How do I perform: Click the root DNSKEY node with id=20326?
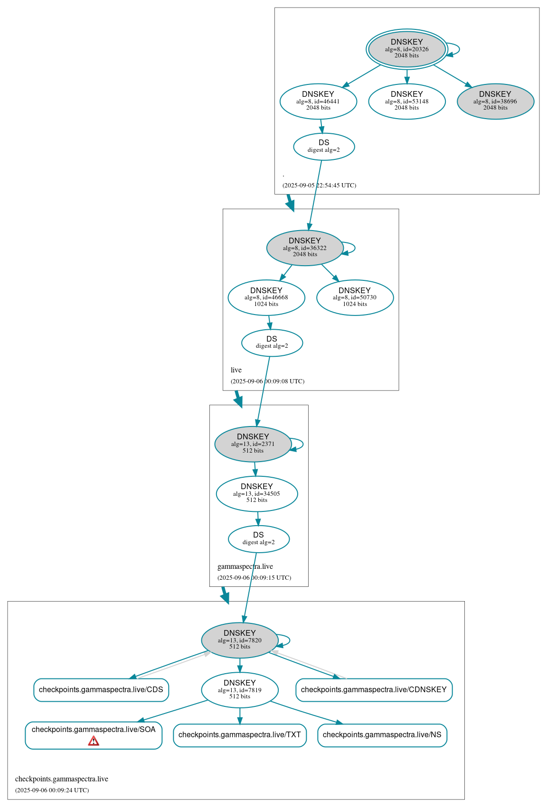click(406, 49)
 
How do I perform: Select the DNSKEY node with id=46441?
click(318, 101)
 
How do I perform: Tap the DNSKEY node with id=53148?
click(406, 101)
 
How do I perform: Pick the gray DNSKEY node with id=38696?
click(495, 101)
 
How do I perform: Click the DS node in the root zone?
click(324, 146)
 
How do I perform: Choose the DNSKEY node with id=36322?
click(305, 248)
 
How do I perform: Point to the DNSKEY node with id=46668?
click(266, 297)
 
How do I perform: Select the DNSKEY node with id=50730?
click(355, 297)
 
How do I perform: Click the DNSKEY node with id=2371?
click(253, 444)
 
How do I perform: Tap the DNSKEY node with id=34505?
click(257, 493)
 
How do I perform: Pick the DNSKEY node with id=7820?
click(240, 640)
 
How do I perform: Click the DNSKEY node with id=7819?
click(240, 690)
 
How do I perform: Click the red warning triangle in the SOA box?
click(94, 741)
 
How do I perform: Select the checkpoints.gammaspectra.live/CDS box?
click(101, 690)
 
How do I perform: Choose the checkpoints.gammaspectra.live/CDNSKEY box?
click(374, 690)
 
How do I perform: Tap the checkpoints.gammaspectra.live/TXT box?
click(240, 735)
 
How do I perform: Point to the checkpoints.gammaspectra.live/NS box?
click(382, 735)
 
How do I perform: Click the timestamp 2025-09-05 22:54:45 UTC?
click(319, 186)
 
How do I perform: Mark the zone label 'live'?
click(236, 370)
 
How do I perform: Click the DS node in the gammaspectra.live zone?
click(259, 539)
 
